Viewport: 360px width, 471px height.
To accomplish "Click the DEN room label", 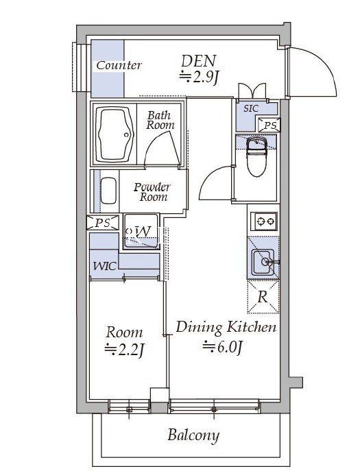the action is pyautogui.click(x=198, y=61).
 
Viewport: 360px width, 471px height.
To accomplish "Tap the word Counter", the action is pyautogui.click(x=119, y=66).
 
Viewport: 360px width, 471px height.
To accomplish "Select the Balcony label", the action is pyautogui.click(x=193, y=435).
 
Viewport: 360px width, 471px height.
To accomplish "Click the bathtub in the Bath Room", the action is pyautogui.click(x=115, y=134).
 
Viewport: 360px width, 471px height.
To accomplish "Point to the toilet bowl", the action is pyautogui.click(x=256, y=156).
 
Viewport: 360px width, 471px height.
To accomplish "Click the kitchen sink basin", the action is pyautogui.click(x=263, y=262).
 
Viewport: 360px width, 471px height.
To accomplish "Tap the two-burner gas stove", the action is pyautogui.click(x=264, y=221).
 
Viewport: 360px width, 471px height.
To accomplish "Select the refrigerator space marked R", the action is pyautogui.click(x=263, y=297).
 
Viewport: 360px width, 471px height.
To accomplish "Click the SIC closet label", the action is pyautogui.click(x=250, y=108).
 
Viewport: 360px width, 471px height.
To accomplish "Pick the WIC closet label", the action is pyautogui.click(x=104, y=266).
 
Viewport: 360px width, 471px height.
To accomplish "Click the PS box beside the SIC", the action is pyautogui.click(x=269, y=125).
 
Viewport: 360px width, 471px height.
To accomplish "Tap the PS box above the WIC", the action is pyautogui.click(x=103, y=223).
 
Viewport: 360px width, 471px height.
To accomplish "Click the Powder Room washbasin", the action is pyautogui.click(x=108, y=191).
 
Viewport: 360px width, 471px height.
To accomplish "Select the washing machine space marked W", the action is pyautogui.click(x=141, y=231).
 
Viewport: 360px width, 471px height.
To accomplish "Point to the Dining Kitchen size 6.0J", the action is pyautogui.click(x=223, y=347).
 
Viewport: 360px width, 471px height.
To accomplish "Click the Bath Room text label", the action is pyautogui.click(x=160, y=120).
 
